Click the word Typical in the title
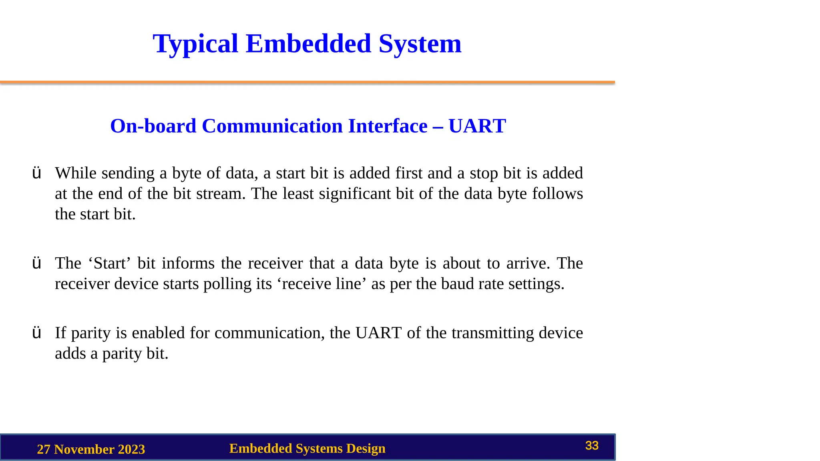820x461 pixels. click(195, 44)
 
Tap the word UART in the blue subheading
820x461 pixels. click(477, 126)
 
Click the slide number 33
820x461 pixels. click(592, 445)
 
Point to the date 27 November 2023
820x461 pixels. click(91, 449)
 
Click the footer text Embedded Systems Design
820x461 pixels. click(307, 448)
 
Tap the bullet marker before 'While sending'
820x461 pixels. click(36, 173)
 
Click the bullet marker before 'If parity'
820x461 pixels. click(36, 333)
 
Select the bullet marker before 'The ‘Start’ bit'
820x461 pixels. click(36, 263)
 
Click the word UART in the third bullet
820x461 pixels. click(378, 333)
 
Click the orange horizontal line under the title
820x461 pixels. click(307, 82)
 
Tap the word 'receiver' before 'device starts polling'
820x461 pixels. click(82, 284)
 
